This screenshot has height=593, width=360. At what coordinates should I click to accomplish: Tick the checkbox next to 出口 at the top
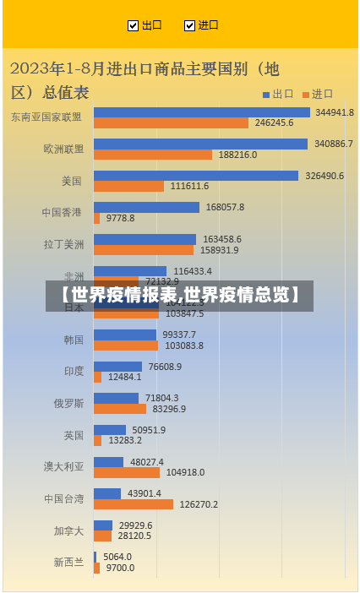click(133, 25)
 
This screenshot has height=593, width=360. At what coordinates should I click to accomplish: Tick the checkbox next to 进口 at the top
click(189, 25)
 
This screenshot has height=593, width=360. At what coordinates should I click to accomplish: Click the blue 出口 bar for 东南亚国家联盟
click(201, 112)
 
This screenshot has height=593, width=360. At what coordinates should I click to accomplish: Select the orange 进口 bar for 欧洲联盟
click(152, 155)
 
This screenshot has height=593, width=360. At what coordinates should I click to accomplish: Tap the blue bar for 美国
click(195, 176)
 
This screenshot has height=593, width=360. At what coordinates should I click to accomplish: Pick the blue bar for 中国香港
click(146, 207)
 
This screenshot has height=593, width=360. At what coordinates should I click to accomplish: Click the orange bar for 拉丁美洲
click(143, 250)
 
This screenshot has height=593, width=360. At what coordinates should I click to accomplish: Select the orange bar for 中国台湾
click(133, 504)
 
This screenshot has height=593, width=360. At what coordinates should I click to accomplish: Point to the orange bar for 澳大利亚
click(126, 473)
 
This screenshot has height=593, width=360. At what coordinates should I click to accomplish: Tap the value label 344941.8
click(334, 112)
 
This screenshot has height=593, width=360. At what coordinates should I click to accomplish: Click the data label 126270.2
click(198, 504)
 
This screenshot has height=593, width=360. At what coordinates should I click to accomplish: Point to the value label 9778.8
click(120, 218)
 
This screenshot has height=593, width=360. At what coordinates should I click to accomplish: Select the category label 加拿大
click(68, 530)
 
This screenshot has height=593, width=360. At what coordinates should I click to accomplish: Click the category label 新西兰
click(68, 562)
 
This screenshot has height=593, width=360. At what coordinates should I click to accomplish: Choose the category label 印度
click(74, 371)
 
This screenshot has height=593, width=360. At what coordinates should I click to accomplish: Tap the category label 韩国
click(74, 340)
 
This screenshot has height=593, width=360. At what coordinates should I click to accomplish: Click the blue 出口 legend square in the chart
click(265, 95)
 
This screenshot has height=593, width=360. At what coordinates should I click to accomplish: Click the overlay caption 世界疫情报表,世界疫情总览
click(179, 296)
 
